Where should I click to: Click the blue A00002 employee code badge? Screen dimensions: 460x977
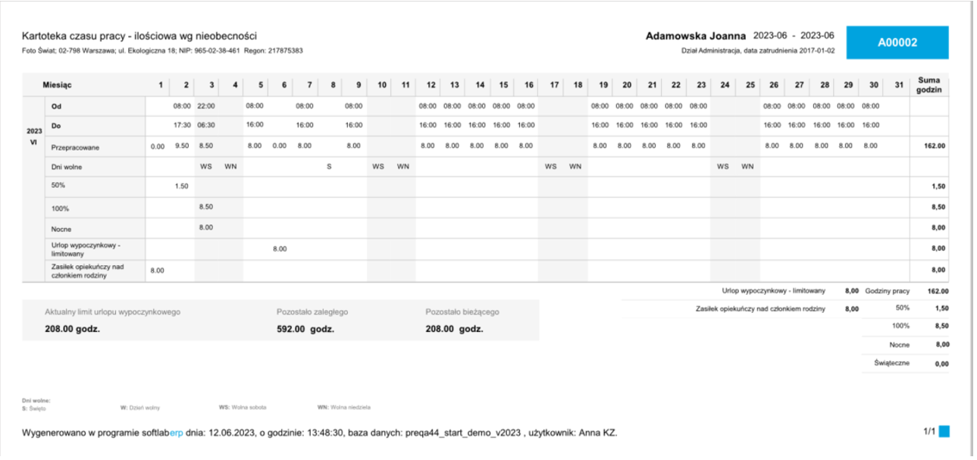pos(897,43)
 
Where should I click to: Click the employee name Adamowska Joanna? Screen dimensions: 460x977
pos(696,36)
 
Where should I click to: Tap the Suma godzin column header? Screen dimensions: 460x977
pos(928,85)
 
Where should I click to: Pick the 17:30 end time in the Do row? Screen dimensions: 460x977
pos(182,125)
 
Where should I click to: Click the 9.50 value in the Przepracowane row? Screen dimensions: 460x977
pos(182,146)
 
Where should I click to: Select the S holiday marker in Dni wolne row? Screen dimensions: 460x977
pos(329,167)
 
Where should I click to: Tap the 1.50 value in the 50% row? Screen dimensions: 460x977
pos(182,186)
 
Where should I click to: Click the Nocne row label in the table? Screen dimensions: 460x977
pos(61,228)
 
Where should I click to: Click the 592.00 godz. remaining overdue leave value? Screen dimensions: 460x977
pos(305,329)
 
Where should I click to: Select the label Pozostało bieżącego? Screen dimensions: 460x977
pos(462,311)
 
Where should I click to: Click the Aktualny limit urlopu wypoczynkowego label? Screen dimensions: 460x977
pos(113,311)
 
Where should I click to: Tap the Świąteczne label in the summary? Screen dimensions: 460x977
pos(891,364)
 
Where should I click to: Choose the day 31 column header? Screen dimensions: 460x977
pos(899,85)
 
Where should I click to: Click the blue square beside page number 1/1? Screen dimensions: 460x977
pos(944,431)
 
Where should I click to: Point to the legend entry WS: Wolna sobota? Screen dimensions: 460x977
pos(243,407)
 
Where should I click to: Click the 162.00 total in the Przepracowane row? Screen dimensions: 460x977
pos(934,146)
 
